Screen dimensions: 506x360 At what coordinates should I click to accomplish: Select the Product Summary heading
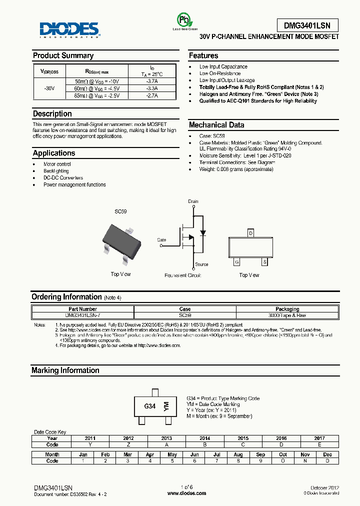point(63,55)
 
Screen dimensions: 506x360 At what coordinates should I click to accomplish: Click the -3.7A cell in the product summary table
point(152,81)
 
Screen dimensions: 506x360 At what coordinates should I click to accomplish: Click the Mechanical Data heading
point(216,125)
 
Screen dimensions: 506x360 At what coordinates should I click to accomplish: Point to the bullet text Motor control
point(57,164)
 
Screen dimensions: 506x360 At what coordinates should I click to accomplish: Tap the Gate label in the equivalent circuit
point(161,240)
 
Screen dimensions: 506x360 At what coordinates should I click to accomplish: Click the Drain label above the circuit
point(193,201)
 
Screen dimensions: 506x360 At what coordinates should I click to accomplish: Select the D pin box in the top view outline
point(250,233)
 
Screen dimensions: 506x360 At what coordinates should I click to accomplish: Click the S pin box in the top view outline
point(264,261)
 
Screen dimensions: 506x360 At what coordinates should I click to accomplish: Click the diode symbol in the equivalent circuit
point(202,233)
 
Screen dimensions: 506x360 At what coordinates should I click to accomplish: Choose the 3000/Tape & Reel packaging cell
point(287,315)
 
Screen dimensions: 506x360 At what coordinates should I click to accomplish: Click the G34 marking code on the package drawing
point(149,406)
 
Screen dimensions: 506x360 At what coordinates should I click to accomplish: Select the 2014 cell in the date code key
point(204,438)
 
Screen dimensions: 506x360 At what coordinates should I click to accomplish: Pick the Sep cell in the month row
point(260,454)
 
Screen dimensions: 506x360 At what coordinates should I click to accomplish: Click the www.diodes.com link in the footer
point(186,493)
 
